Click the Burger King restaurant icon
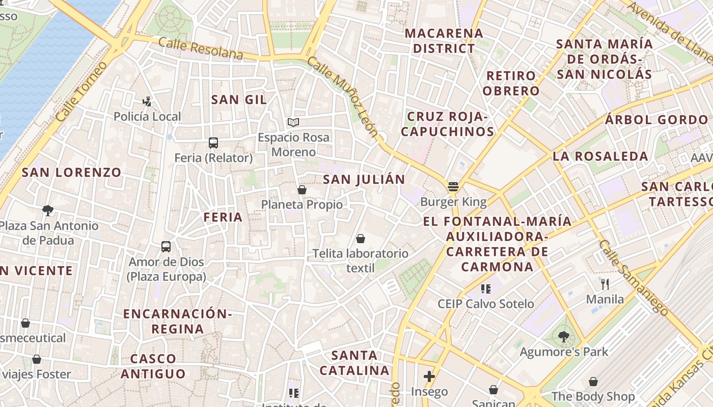453,187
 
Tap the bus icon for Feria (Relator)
213,143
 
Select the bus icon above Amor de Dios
166,247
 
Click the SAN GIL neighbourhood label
239,100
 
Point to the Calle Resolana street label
201,48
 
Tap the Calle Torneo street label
81,92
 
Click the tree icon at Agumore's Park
563,336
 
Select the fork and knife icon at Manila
605,284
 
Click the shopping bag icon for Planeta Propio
302,190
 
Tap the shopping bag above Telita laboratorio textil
361,238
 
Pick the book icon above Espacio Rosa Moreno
293,122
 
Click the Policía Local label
147,117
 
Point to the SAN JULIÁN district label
364,179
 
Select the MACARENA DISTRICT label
444,41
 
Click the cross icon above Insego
429,376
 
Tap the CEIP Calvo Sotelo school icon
486,289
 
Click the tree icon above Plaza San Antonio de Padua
48,210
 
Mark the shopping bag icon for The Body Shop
593,381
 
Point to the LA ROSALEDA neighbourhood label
600,156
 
